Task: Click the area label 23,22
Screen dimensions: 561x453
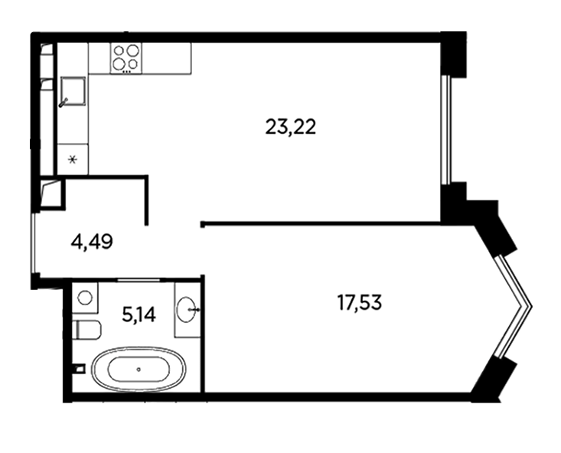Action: tap(291, 127)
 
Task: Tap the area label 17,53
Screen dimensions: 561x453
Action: tap(360, 303)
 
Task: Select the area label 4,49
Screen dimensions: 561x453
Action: tap(92, 242)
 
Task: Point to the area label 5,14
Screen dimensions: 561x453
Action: tap(139, 315)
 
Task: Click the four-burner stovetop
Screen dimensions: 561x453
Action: tap(126, 58)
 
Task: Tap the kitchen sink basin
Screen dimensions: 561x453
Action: tap(73, 91)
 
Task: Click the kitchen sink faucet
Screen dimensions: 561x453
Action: tap(63, 103)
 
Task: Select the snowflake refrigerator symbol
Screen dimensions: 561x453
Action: tap(73, 160)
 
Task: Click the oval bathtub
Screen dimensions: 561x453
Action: tap(139, 369)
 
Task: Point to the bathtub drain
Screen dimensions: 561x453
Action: tap(139, 370)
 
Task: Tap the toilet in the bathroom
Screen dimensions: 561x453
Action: tap(87, 330)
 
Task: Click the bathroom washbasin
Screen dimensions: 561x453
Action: tap(188, 309)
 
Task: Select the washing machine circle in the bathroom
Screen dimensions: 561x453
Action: tap(85, 298)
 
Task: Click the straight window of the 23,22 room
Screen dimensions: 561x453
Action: tap(445, 129)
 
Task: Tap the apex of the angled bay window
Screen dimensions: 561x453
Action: tap(531, 306)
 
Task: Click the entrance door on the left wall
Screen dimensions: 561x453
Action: tap(33, 243)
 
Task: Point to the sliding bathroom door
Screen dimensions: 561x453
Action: tap(139, 279)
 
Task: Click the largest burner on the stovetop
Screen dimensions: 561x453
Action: tap(132, 50)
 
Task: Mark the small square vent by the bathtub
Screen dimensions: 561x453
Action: tap(80, 368)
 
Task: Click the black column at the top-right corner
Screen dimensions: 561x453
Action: tap(454, 54)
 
